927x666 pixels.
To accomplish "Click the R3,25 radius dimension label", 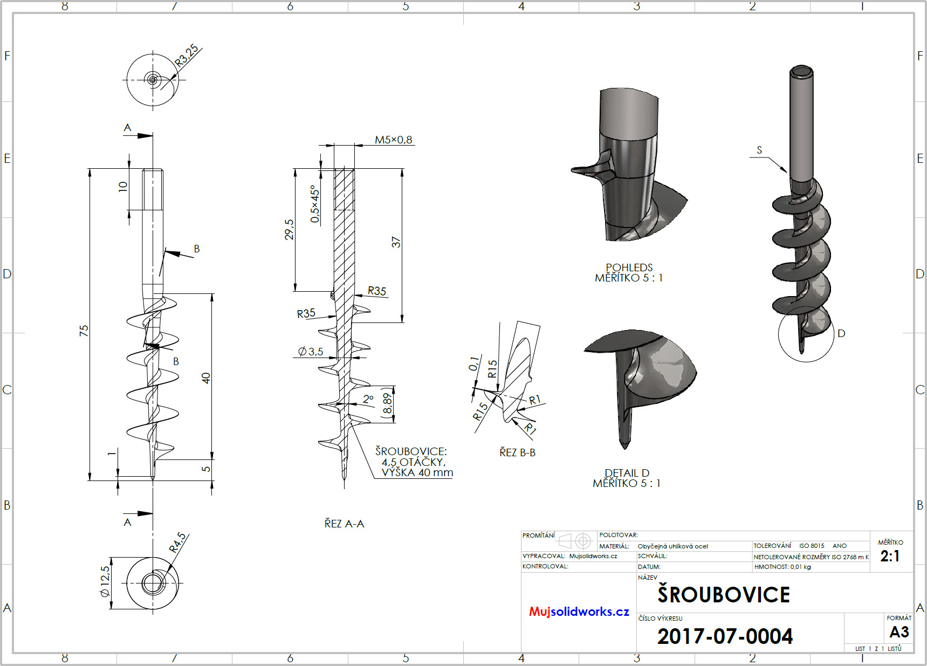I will point(187,55).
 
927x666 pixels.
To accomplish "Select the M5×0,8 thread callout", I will point(393,140).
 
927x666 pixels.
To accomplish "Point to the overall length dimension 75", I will point(84,331).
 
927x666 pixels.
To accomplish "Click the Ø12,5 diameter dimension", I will point(105,581).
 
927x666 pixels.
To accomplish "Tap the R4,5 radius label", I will point(177,542).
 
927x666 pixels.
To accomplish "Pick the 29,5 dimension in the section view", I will point(290,229).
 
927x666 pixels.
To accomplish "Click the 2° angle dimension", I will point(368,399).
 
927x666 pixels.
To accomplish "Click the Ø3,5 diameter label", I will point(311,352).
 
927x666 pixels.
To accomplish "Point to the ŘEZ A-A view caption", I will point(344,524).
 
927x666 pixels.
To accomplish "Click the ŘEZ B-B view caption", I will point(517,452).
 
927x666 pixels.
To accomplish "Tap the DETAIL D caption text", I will point(627,473).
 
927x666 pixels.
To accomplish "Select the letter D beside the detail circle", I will point(841,333).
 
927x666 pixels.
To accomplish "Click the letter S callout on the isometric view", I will point(759,150).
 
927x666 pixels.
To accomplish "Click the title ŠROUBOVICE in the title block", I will point(723,594).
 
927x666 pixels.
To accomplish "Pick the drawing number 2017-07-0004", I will point(725,636).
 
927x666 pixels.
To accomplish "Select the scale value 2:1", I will point(890,556).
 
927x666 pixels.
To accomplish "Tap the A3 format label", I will point(899,631).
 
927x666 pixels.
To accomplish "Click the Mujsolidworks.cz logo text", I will point(579,612).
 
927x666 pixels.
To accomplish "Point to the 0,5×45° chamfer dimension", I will point(315,204).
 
